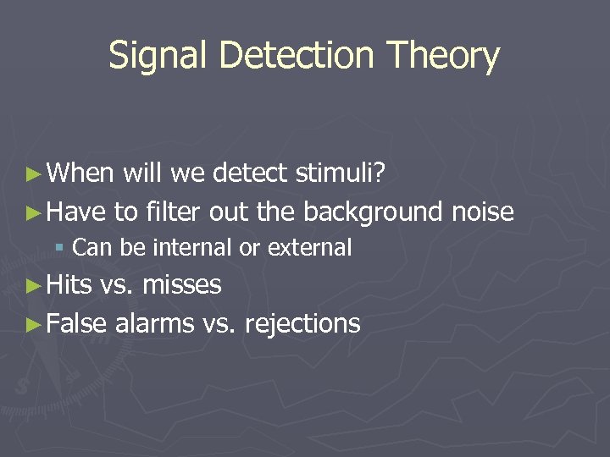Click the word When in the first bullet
[80, 173]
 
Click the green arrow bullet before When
[33, 174]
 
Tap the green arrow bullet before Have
[33, 212]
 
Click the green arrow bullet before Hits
[33, 285]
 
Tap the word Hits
[70, 284]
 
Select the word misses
[182, 285]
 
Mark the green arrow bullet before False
[33, 323]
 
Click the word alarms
[155, 322]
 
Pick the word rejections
[302, 323]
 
